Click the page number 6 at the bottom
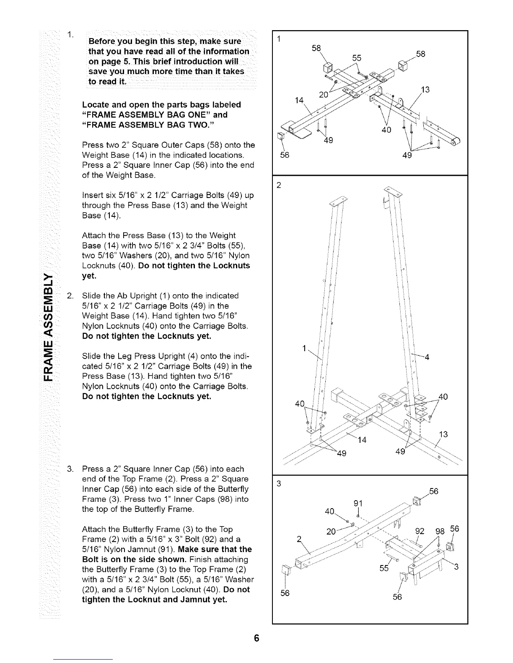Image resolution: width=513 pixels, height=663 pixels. tap(256, 638)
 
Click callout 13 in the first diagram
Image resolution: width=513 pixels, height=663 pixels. tap(425, 89)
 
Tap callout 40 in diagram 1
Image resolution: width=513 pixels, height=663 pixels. tap(386, 130)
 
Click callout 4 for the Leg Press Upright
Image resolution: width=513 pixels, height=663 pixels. tap(427, 357)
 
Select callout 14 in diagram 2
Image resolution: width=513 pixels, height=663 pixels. tap(362, 439)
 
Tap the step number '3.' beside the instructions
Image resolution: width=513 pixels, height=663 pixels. tap(70, 469)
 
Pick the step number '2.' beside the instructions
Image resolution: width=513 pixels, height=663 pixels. tap(70, 296)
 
